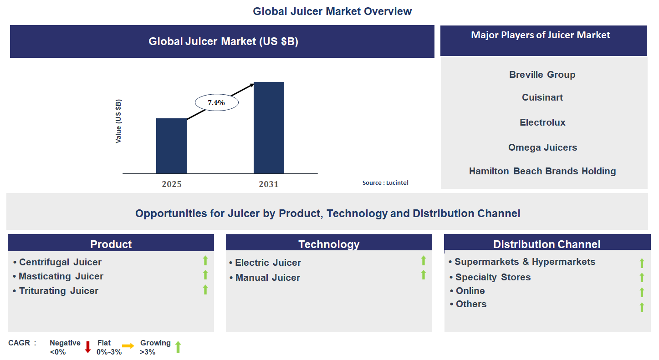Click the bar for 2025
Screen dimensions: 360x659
click(x=171, y=146)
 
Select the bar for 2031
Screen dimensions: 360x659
click(x=269, y=127)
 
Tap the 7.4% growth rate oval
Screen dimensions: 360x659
click(x=216, y=103)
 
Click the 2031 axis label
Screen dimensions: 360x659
click(x=269, y=184)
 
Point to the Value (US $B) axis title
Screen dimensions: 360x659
click(x=118, y=122)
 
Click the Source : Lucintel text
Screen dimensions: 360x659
click(x=385, y=183)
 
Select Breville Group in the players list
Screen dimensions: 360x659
click(x=542, y=75)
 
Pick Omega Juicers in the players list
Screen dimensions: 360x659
click(x=542, y=147)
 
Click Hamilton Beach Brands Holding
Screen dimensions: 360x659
click(x=542, y=171)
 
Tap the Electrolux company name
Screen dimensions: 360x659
click(x=542, y=122)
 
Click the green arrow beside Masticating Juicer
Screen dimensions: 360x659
click(x=205, y=275)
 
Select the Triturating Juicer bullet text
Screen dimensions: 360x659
click(x=58, y=291)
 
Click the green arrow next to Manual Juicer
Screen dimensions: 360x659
click(x=424, y=275)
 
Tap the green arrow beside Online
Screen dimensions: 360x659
click(x=642, y=292)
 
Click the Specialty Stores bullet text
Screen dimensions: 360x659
click(x=493, y=277)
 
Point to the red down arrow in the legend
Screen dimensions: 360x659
click(x=88, y=347)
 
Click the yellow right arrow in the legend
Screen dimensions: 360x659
click(x=128, y=346)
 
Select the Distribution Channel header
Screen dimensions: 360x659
click(x=547, y=244)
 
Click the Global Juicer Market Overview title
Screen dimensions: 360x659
click(x=332, y=11)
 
